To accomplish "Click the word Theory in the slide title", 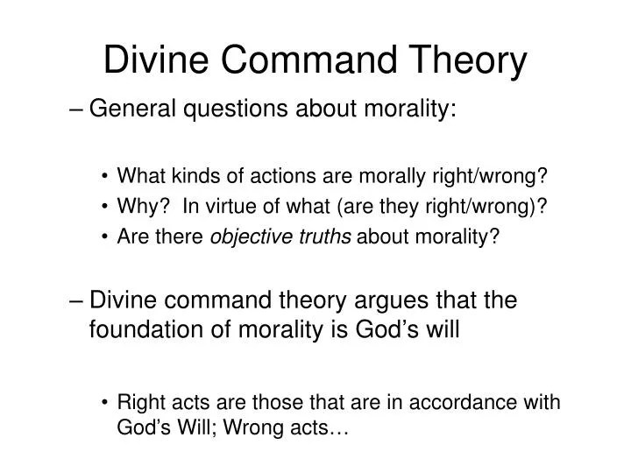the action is (467, 60).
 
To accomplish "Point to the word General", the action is (132, 109).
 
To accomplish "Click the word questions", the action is (236, 109).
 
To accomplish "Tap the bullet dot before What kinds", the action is (104, 176).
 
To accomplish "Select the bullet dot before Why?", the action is (104, 207).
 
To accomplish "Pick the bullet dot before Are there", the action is (104, 236).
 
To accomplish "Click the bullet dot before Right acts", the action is (104, 402).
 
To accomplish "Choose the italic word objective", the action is (252, 237).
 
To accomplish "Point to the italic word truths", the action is (325, 236).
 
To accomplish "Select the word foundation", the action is (146, 329).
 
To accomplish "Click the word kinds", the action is (196, 176).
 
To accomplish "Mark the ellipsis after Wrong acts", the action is (339, 433).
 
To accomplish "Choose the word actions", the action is (282, 177).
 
